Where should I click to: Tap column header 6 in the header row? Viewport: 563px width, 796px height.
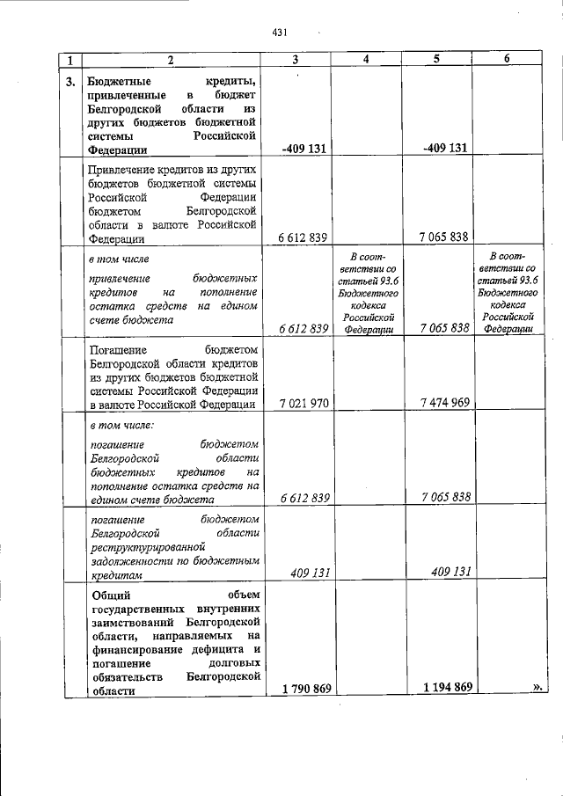[507, 60]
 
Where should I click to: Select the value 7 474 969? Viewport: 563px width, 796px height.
[446, 404]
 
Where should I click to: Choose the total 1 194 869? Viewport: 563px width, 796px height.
[446, 688]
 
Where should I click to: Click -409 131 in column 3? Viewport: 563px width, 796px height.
[304, 149]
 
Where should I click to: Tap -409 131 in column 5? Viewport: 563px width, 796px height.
[446, 149]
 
